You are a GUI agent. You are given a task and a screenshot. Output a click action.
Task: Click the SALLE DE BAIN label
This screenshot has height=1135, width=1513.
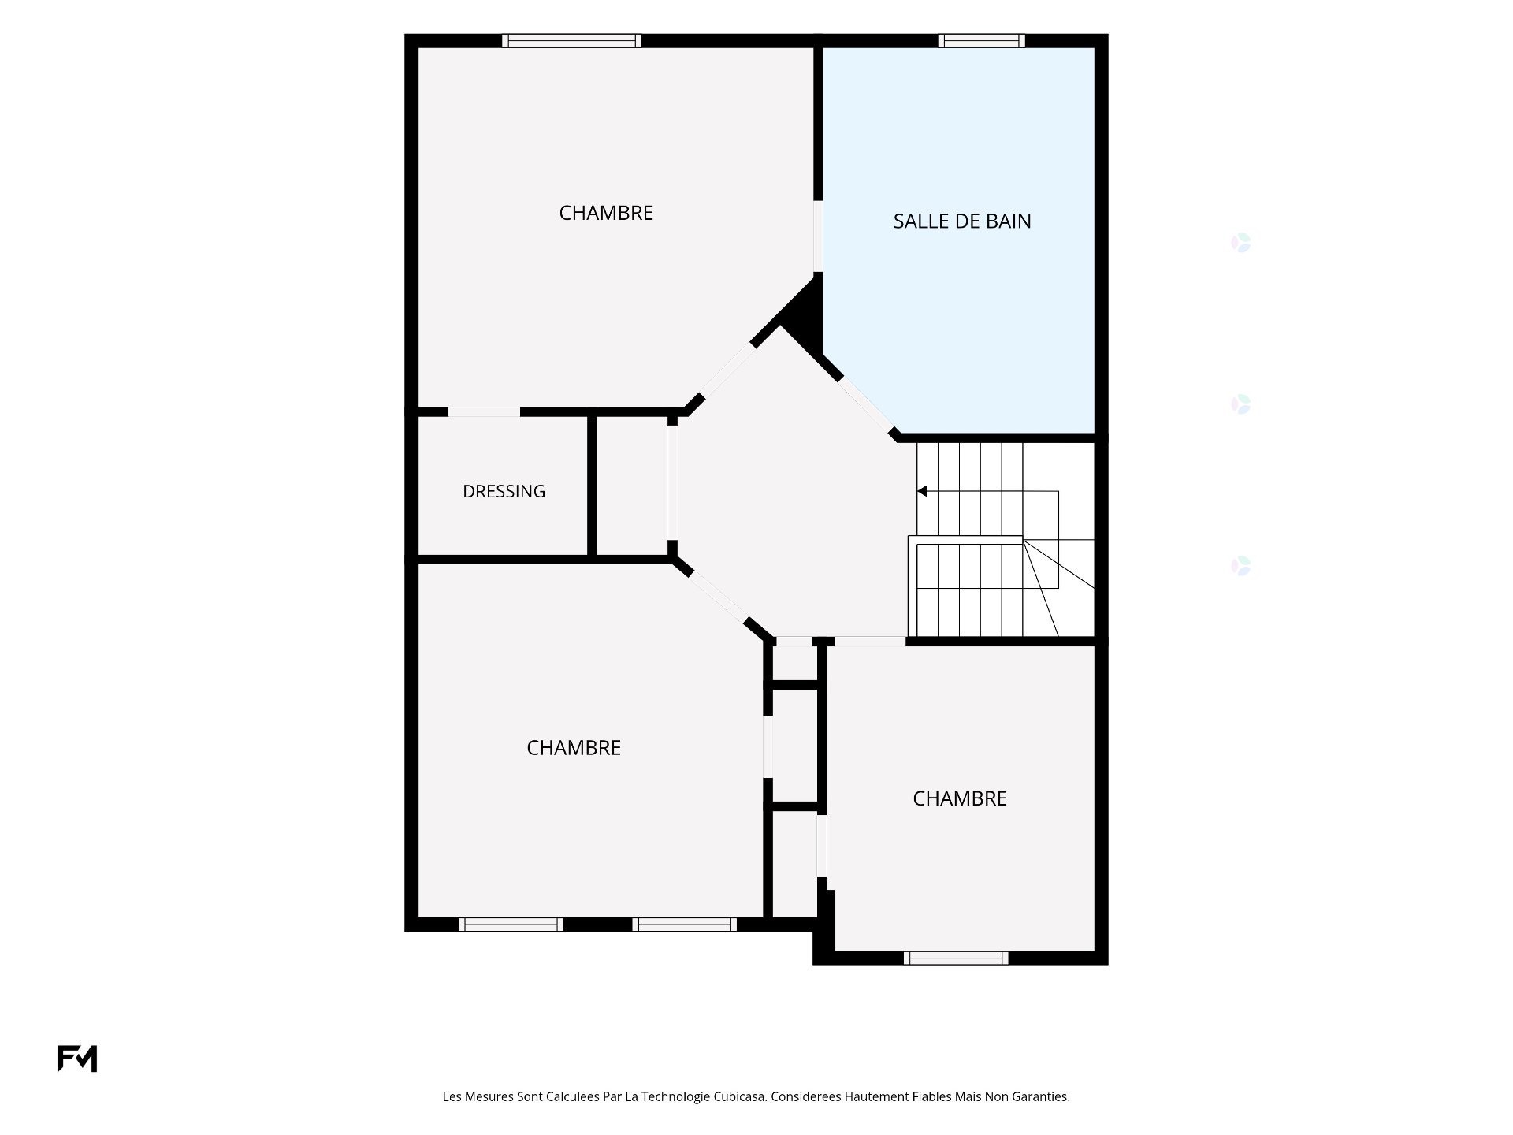click(x=962, y=221)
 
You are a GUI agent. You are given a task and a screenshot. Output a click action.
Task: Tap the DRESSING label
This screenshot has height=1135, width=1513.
click(x=504, y=492)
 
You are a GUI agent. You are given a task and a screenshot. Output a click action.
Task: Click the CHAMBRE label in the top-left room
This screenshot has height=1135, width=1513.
click(x=606, y=213)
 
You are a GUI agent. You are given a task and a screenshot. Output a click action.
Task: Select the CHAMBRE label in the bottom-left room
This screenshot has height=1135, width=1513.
click(x=574, y=748)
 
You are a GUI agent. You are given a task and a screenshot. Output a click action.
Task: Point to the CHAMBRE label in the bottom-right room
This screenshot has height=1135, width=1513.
click(x=960, y=798)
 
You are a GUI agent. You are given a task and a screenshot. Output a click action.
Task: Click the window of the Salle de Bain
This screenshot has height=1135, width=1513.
click(x=981, y=41)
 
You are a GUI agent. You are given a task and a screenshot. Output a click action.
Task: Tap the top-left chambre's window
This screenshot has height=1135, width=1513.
click(x=571, y=41)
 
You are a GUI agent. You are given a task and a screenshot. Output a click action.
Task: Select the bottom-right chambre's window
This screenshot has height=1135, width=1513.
click(x=956, y=958)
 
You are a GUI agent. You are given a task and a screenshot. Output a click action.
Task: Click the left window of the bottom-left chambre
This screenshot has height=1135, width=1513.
click(x=511, y=925)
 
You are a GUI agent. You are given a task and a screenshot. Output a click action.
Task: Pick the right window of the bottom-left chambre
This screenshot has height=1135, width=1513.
click(x=684, y=925)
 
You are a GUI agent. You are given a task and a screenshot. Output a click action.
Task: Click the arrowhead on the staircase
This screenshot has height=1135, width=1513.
click(x=922, y=491)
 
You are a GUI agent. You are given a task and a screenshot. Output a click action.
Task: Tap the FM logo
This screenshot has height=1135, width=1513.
click(x=77, y=1059)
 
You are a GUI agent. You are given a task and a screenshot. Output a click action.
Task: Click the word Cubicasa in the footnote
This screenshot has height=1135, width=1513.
click(x=740, y=1096)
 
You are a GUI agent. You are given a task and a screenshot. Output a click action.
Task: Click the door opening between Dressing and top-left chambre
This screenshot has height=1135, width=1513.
click(x=484, y=411)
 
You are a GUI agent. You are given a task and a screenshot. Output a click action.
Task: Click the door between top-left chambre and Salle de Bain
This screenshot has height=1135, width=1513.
click(x=818, y=236)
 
